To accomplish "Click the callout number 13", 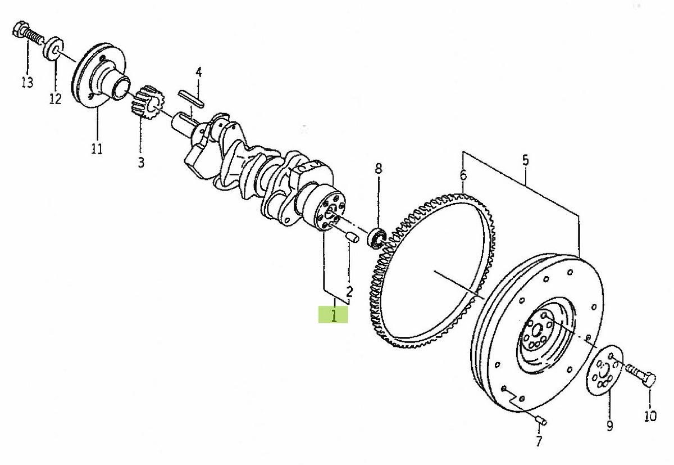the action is (28, 82).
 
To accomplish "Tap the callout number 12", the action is (56, 98).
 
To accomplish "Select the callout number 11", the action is (97, 148).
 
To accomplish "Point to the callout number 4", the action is (199, 73).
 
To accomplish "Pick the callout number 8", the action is (379, 169).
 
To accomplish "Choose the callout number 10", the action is (650, 416).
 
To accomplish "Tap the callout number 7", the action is (539, 441).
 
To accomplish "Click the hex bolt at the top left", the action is (28, 34).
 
